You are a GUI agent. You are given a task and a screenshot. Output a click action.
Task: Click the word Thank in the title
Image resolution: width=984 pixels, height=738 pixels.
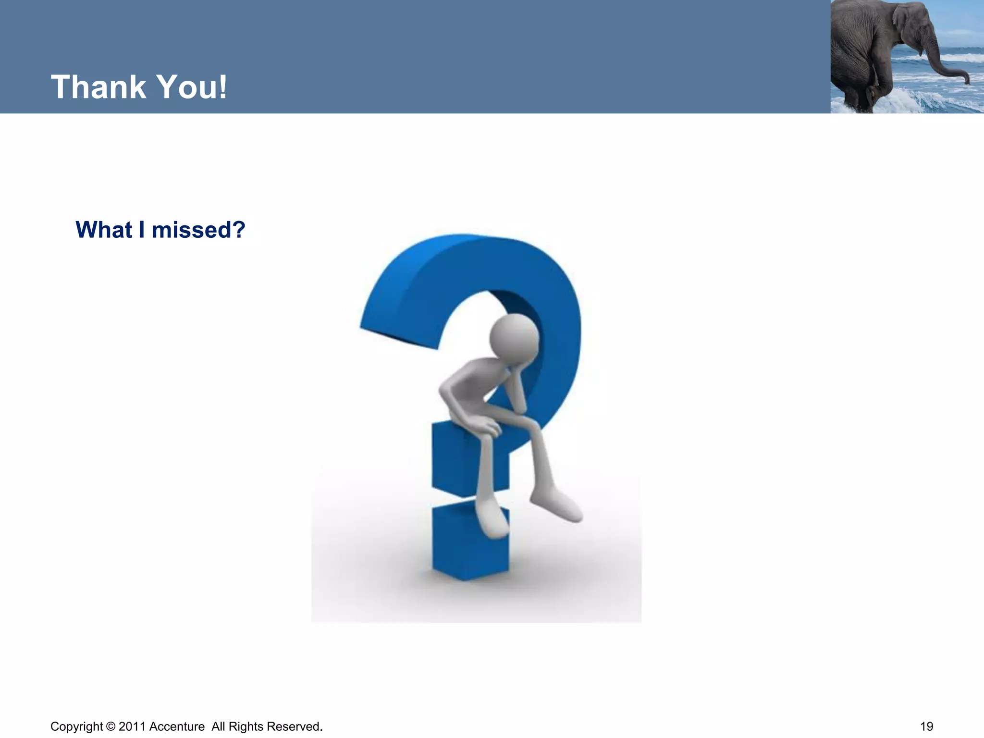pos(98,87)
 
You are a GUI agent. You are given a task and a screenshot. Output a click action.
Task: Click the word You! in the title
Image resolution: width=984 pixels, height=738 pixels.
pos(192,87)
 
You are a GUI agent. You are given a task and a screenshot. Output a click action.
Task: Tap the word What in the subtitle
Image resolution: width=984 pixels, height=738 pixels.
pos(103,230)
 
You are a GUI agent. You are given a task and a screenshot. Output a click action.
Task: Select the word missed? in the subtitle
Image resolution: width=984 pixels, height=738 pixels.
pos(198,230)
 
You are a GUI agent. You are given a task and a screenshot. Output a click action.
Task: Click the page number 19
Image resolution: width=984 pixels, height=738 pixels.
pos(926,726)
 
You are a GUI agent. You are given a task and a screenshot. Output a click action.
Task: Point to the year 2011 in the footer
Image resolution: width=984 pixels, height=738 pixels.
pos(132,726)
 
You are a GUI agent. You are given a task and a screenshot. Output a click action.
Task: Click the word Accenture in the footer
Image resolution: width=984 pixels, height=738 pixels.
pos(177,726)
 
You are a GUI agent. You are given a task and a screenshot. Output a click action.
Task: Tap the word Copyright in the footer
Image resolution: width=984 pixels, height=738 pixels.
pos(76,726)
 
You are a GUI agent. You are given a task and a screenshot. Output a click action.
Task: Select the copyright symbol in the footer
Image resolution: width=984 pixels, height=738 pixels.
pos(111,726)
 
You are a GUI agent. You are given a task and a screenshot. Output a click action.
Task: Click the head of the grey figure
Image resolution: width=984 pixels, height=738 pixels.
pos(514,336)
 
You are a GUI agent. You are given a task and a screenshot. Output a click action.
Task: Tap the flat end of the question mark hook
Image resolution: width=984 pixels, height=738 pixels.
pos(399,336)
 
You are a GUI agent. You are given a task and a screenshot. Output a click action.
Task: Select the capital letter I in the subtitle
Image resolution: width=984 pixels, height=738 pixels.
pos(141,230)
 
